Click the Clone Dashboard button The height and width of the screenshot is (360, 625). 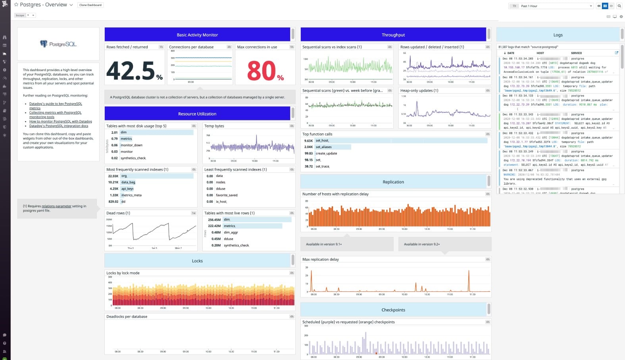(90, 5)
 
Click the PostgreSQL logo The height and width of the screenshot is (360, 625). (58, 44)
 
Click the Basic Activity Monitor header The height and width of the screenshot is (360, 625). (197, 35)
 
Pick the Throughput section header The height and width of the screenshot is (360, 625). (393, 35)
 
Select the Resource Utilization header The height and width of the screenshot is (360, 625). (197, 114)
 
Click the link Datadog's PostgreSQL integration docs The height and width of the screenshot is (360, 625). (59, 126)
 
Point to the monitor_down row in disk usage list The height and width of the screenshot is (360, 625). (131, 145)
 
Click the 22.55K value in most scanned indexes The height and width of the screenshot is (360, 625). (113, 176)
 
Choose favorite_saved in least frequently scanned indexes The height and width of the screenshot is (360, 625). (227, 195)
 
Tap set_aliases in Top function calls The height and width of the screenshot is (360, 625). (323, 147)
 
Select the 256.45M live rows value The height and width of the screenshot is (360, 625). (214, 219)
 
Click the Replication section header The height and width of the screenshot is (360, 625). (393, 182)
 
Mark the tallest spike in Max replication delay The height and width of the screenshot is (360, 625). (469, 271)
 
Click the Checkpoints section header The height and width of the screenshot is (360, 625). (393, 310)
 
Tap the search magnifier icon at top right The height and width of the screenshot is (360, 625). (619, 6)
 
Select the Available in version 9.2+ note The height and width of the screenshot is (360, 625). (422, 244)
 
